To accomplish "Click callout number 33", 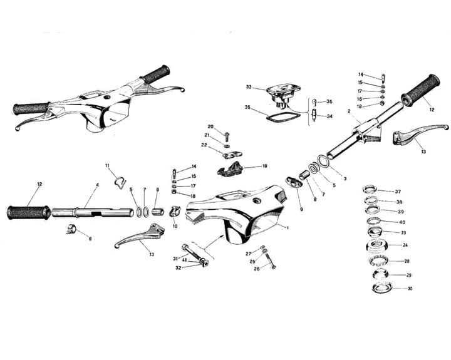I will [248, 87].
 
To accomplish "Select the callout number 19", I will [264, 167].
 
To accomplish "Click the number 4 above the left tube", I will [97, 185].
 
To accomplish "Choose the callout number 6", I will [90, 239].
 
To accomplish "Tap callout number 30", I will [410, 289].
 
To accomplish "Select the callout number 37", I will [398, 192].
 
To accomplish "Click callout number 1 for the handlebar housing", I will [287, 227].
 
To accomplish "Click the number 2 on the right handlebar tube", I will [348, 112].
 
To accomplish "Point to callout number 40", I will [402, 222].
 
